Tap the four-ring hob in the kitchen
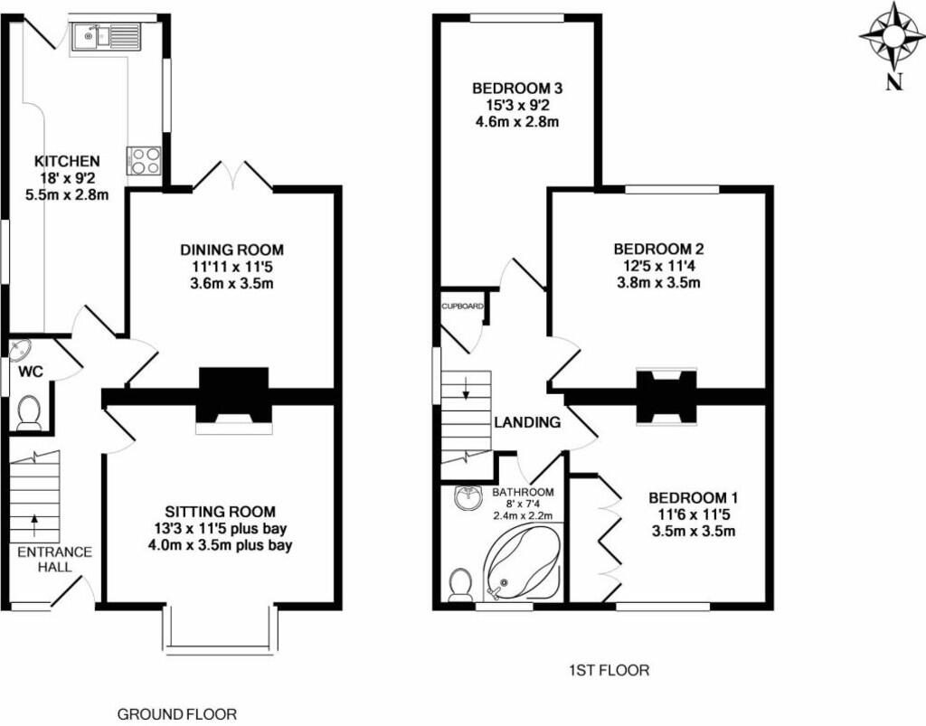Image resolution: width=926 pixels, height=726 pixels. pyautogui.click(x=144, y=161)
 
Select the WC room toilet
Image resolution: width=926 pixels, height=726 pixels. pyautogui.click(x=28, y=412)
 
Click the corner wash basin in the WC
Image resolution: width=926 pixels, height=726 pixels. pyautogui.click(x=20, y=349)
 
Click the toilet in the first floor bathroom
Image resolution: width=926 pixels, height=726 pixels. pyautogui.click(x=459, y=585)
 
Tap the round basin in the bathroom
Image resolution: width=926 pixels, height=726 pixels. pyautogui.click(x=469, y=497)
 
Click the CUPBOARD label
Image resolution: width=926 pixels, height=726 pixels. pyautogui.click(x=462, y=306)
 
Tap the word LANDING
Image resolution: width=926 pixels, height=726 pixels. pyautogui.click(x=527, y=422)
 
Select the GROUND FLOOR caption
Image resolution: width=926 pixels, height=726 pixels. pyautogui.click(x=177, y=714)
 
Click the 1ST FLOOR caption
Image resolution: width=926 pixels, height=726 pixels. pyautogui.click(x=609, y=671)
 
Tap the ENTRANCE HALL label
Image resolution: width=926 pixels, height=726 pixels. pyautogui.click(x=55, y=560)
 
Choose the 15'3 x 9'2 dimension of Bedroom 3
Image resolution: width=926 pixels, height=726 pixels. pyautogui.click(x=516, y=106)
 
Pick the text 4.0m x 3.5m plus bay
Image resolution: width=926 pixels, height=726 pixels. pyautogui.click(x=221, y=544)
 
